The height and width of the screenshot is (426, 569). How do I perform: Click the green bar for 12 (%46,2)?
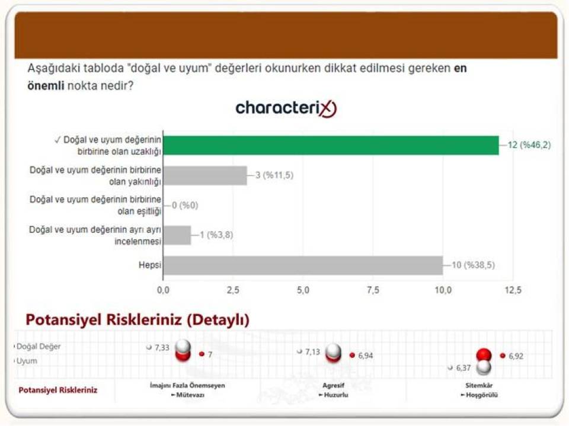pyautogui.click(x=331, y=145)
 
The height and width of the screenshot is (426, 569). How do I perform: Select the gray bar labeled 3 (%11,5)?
pyautogui.click(x=206, y=175)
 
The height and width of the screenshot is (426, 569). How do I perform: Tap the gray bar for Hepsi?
pyautogui.click(x=303, y=265)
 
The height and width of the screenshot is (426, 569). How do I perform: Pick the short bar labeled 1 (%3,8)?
pyautogui.click(x=177, y=235)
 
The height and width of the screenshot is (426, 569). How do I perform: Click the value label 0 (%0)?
pyautogui.click(x=185, y=206)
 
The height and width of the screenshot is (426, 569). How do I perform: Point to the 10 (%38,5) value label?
pyautogui.click(x=473, y=265)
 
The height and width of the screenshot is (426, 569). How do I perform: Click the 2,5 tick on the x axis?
pyautogui.click(x=233, y=290)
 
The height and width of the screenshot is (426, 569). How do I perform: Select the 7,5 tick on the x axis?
pyautogui.click(x=373, y=290)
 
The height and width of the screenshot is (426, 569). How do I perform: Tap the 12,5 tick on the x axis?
pyautogui.click(x=513, y=290)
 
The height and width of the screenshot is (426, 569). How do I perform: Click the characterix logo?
pyautogui.click(x=286, y=108)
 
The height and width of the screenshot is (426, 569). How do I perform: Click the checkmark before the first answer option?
pyautogui.click(x=57, y=140)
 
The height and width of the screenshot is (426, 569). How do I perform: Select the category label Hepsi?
pyautogui.click(x=150, y=265)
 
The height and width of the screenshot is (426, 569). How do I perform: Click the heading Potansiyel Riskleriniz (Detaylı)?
pyautogui.click(x=138, y=320)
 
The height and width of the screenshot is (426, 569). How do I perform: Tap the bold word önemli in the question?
pyautogui.click(x=46, y=86)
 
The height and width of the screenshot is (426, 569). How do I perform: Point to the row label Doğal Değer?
pyautogui.click(x=39, y=347)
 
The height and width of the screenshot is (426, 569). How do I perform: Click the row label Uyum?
pyautogui.click(x=27, y=361)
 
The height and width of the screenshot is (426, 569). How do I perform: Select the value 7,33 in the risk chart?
pyautogui.click(x=162, y=348)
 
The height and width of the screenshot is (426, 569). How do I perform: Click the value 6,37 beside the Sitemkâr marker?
pyautogui.click(x=463, y=368)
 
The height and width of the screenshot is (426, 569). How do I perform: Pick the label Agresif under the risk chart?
pyautogui.click(x=333, y=385)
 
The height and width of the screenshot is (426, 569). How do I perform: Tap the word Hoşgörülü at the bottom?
pyautogui.click(x=482, y=395)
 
